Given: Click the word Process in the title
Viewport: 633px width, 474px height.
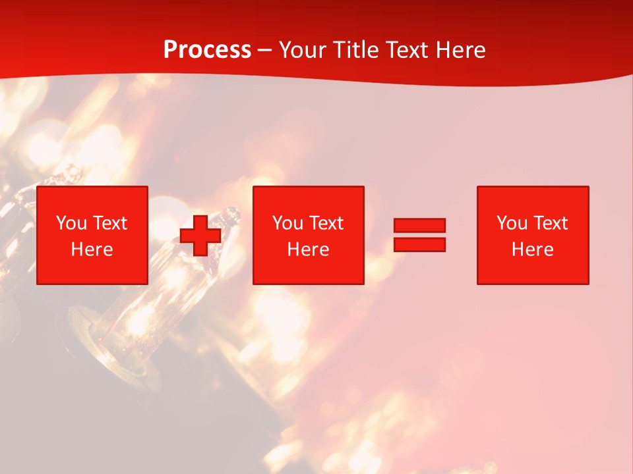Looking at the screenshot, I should (207, 50).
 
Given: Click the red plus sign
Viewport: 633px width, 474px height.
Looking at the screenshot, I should (200, 236).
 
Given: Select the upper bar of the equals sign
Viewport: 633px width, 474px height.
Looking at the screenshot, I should (419, 226).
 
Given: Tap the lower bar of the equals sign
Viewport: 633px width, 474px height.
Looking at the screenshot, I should (419, 244).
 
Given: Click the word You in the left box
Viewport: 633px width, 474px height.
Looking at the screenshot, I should (71, 223).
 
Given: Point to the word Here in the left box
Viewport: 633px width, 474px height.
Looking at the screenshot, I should (92, 250).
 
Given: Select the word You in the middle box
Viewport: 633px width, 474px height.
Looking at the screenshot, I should (287, 223).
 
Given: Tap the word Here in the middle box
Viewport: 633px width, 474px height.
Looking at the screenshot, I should (308, 250).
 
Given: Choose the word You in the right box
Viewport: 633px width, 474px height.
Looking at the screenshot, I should (512, 223).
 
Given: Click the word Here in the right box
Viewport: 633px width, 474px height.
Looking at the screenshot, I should (532, 250).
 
